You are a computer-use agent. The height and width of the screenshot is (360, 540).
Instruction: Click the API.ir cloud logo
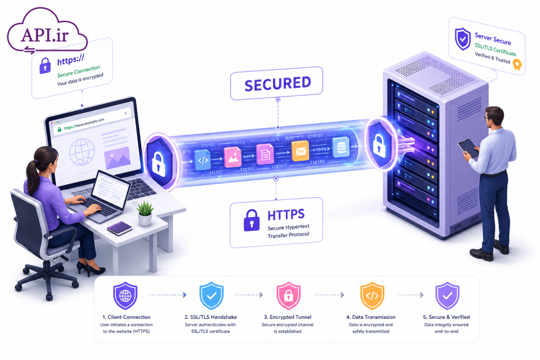[47, 32]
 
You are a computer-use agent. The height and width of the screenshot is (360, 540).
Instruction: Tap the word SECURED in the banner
[277, 84]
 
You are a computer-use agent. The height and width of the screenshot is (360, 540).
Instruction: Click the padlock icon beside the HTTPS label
[252, 220]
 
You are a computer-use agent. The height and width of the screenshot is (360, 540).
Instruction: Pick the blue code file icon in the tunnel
[202, 160]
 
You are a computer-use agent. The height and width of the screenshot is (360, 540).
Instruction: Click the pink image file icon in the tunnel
[233, 157]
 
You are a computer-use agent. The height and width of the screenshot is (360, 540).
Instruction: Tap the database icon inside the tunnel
[341, 147]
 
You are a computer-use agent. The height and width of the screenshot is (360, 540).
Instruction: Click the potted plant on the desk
[145, 213]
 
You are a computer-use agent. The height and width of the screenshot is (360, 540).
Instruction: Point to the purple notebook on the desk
[119, 228]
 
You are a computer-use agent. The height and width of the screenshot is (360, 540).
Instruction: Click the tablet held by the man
[468, 148]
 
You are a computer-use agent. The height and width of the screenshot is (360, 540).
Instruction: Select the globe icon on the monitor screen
[82, 152]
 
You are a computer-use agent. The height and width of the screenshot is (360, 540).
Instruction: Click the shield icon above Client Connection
[126, 296]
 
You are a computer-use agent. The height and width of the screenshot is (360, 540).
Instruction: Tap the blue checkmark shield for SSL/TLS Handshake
[211, 296]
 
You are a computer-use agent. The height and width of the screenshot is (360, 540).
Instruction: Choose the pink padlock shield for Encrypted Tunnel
[288, 296]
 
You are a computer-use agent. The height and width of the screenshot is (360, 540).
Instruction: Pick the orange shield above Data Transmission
[372, 296]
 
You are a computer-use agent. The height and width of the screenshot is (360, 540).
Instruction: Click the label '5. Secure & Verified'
[446, 317]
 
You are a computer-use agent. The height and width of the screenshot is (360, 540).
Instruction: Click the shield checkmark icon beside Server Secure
[462, 39]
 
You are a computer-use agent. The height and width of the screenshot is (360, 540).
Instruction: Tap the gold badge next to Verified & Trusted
[517, 64]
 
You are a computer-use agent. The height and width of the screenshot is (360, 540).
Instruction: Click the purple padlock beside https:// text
[45, 65]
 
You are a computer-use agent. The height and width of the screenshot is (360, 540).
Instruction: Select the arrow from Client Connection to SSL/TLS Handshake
[167, 295]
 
